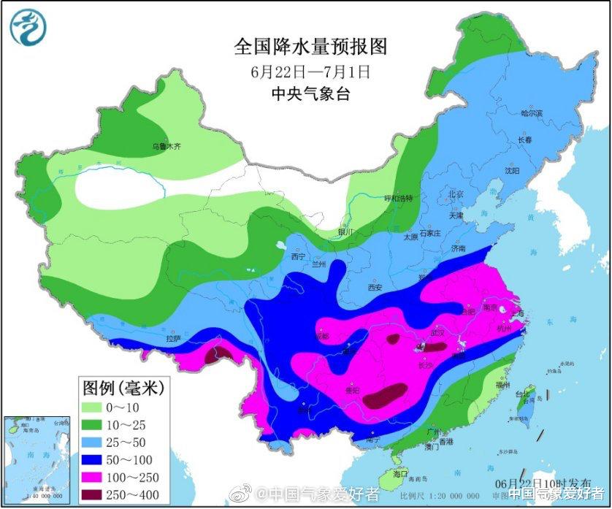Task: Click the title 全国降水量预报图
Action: point(310,47)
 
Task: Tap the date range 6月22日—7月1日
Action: point(310,72)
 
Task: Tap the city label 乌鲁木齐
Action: point(166,147)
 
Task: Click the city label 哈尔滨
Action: point(532,113)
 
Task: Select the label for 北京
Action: point(456,194)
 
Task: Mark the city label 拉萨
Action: point(173,338)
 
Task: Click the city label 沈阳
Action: point(512,170)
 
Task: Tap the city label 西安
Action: point(375,288)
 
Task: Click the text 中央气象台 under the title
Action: point(310,93)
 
